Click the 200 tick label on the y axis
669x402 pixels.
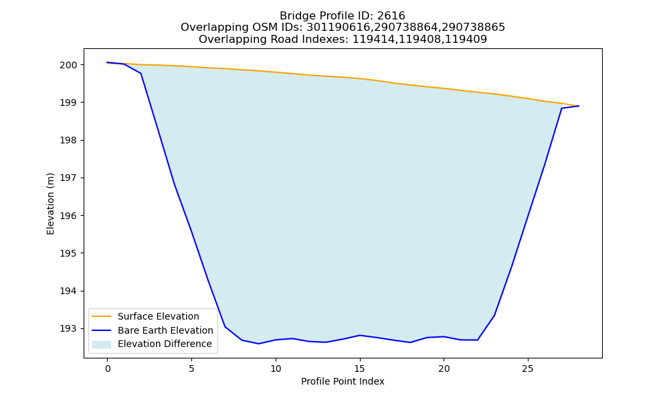(68, 65)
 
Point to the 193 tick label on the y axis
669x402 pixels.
(68, 328)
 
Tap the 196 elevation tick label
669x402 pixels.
(68, 216)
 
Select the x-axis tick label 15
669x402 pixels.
(360, 368)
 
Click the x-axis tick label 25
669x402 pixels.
(528, 368)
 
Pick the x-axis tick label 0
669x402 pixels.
(108, 368)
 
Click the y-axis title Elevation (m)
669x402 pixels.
(50, 204)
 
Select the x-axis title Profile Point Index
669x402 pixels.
(343, 381)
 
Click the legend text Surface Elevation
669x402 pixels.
(159, 316)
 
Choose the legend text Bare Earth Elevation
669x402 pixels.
(165, 330)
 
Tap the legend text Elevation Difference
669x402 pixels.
(165, 344)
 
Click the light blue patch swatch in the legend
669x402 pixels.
(102, 344)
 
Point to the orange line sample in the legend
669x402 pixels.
(102, 316)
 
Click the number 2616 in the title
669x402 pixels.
(391, 16)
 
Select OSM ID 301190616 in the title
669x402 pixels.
(338, 27)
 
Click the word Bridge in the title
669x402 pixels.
(295, 16)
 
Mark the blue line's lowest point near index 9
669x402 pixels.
(259, 344)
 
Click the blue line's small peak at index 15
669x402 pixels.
(360, 336)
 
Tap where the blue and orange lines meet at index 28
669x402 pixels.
(579, 106)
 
